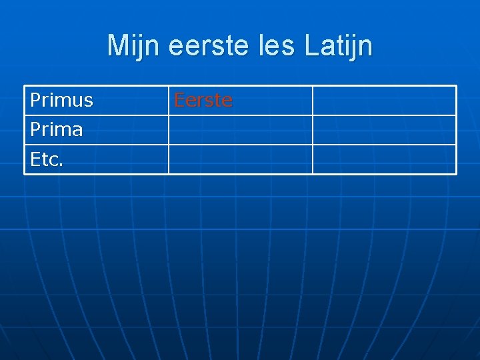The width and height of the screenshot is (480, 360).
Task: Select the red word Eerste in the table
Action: pos(203,101)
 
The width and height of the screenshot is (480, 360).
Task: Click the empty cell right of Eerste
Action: pos(384,101)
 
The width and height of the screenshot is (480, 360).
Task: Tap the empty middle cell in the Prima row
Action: pos(240,130)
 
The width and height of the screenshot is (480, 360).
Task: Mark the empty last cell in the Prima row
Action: pos(384,130)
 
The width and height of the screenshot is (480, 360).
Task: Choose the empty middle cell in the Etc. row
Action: pos(240,159)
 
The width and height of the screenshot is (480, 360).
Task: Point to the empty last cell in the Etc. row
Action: pos(384,159)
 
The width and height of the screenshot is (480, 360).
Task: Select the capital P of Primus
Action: pos(35,101)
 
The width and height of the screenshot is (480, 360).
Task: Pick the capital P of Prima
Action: pos(35,129)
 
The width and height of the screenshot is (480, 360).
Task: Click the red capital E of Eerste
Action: pos(179,101)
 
